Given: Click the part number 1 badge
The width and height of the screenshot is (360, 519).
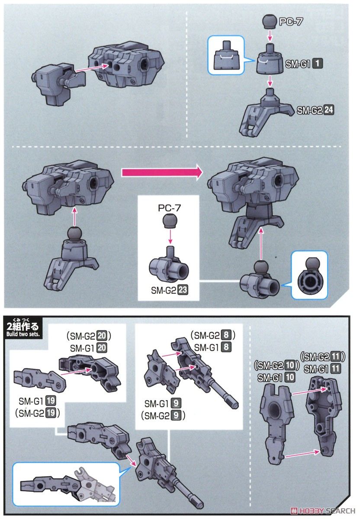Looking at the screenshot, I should tap(317, 64).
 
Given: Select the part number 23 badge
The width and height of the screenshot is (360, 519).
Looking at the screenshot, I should tap(182, 291).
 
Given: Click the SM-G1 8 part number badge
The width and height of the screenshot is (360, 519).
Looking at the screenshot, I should tap(225, 347).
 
